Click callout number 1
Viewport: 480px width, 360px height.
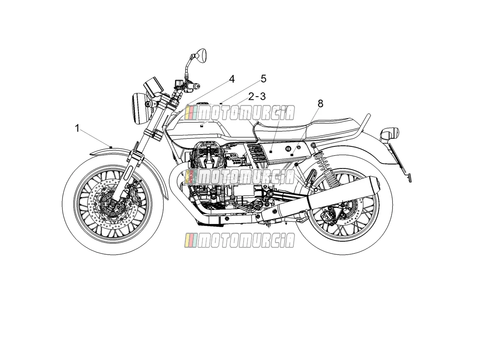(77, 128)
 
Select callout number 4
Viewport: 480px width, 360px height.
(232, 79)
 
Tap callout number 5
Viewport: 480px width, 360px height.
(264, 79)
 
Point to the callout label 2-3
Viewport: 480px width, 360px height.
(257, 96)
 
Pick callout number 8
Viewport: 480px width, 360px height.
(320, 103)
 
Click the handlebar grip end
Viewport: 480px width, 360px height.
(197, 86)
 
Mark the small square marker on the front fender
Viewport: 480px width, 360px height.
(111, 147)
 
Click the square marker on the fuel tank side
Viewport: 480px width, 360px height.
(202, 126)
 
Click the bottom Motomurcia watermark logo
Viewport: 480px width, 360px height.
(240, 240)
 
